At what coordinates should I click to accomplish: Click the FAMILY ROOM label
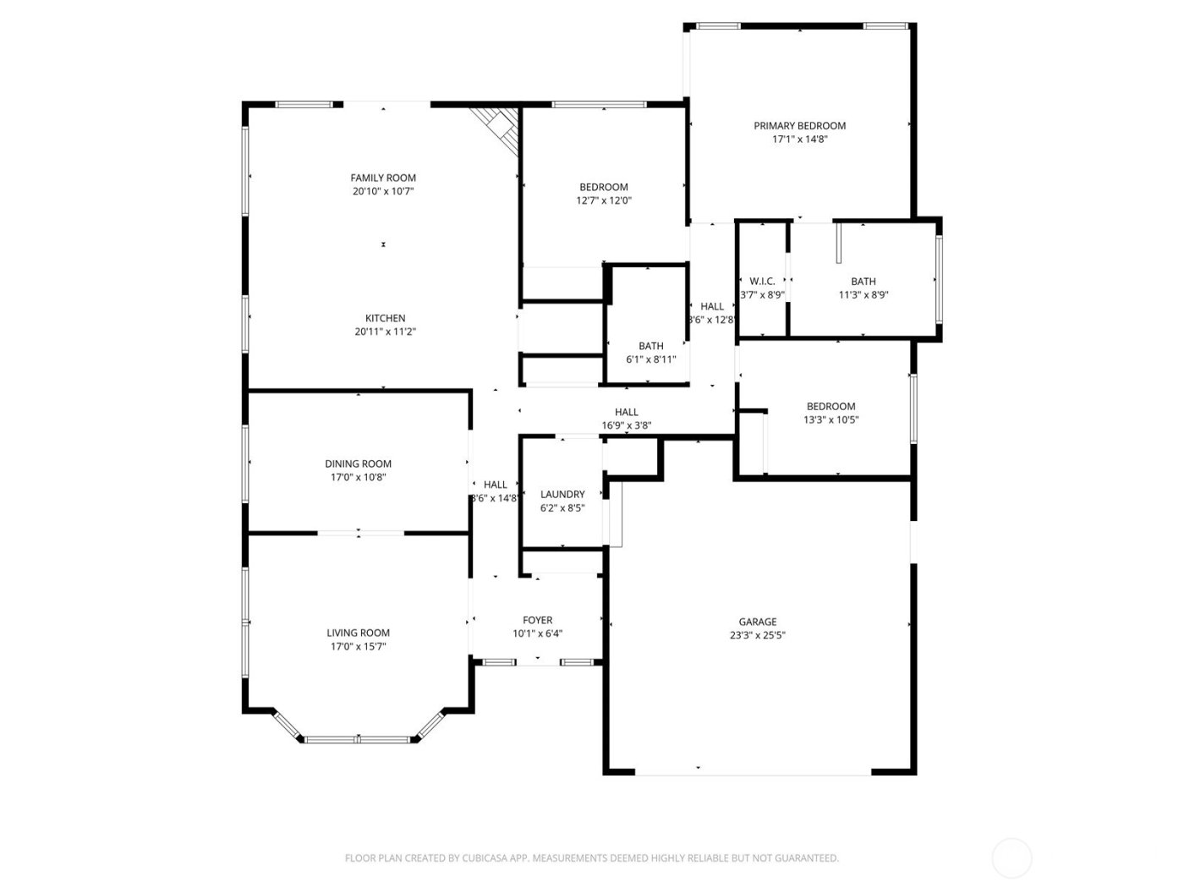click(x=383, y=178)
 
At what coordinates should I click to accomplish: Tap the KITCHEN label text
click(x=385, y=318)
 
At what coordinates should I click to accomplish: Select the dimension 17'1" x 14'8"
click(x=799, y=140)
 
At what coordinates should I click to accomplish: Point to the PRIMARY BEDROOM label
click(x=799, y=126)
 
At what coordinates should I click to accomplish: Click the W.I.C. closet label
click(x=762, y=282)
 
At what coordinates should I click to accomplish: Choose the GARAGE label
click(x=757, y=622)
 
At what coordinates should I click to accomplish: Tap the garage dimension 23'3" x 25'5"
click(x=757, y=636)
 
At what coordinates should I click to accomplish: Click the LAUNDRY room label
click(x=562, y=495)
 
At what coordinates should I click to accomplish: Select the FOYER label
click(x=537, y=620)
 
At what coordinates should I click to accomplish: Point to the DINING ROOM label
click(x=358, y=463)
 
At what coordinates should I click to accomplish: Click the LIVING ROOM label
click(x=358, y=633)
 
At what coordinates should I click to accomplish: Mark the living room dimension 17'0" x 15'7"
click(x=358, y=647)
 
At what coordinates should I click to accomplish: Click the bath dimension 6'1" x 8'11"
click(x=650, y=359)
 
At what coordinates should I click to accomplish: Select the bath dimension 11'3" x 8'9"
click(x=863, y=295)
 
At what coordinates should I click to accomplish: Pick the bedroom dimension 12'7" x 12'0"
click(x=604, y=201)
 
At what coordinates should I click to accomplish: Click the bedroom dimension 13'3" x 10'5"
click(x=830, y=419)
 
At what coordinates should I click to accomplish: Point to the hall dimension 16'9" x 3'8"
click(x=626, y=426)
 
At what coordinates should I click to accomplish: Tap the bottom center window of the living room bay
click(x=358, y=740)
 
